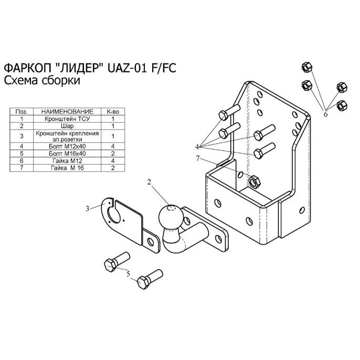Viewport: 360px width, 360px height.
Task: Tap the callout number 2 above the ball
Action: click(150, 183)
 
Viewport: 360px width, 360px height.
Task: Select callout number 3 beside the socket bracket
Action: click(89, 209)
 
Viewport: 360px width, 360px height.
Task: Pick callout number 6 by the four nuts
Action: click(325, 113)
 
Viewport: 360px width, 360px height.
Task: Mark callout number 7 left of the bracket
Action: click(198, 158)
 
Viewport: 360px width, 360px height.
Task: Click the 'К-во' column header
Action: click(113, 112)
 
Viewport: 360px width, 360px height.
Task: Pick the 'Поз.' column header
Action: click(22, 112)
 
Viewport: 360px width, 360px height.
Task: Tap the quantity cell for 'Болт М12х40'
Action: click(113, 146)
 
